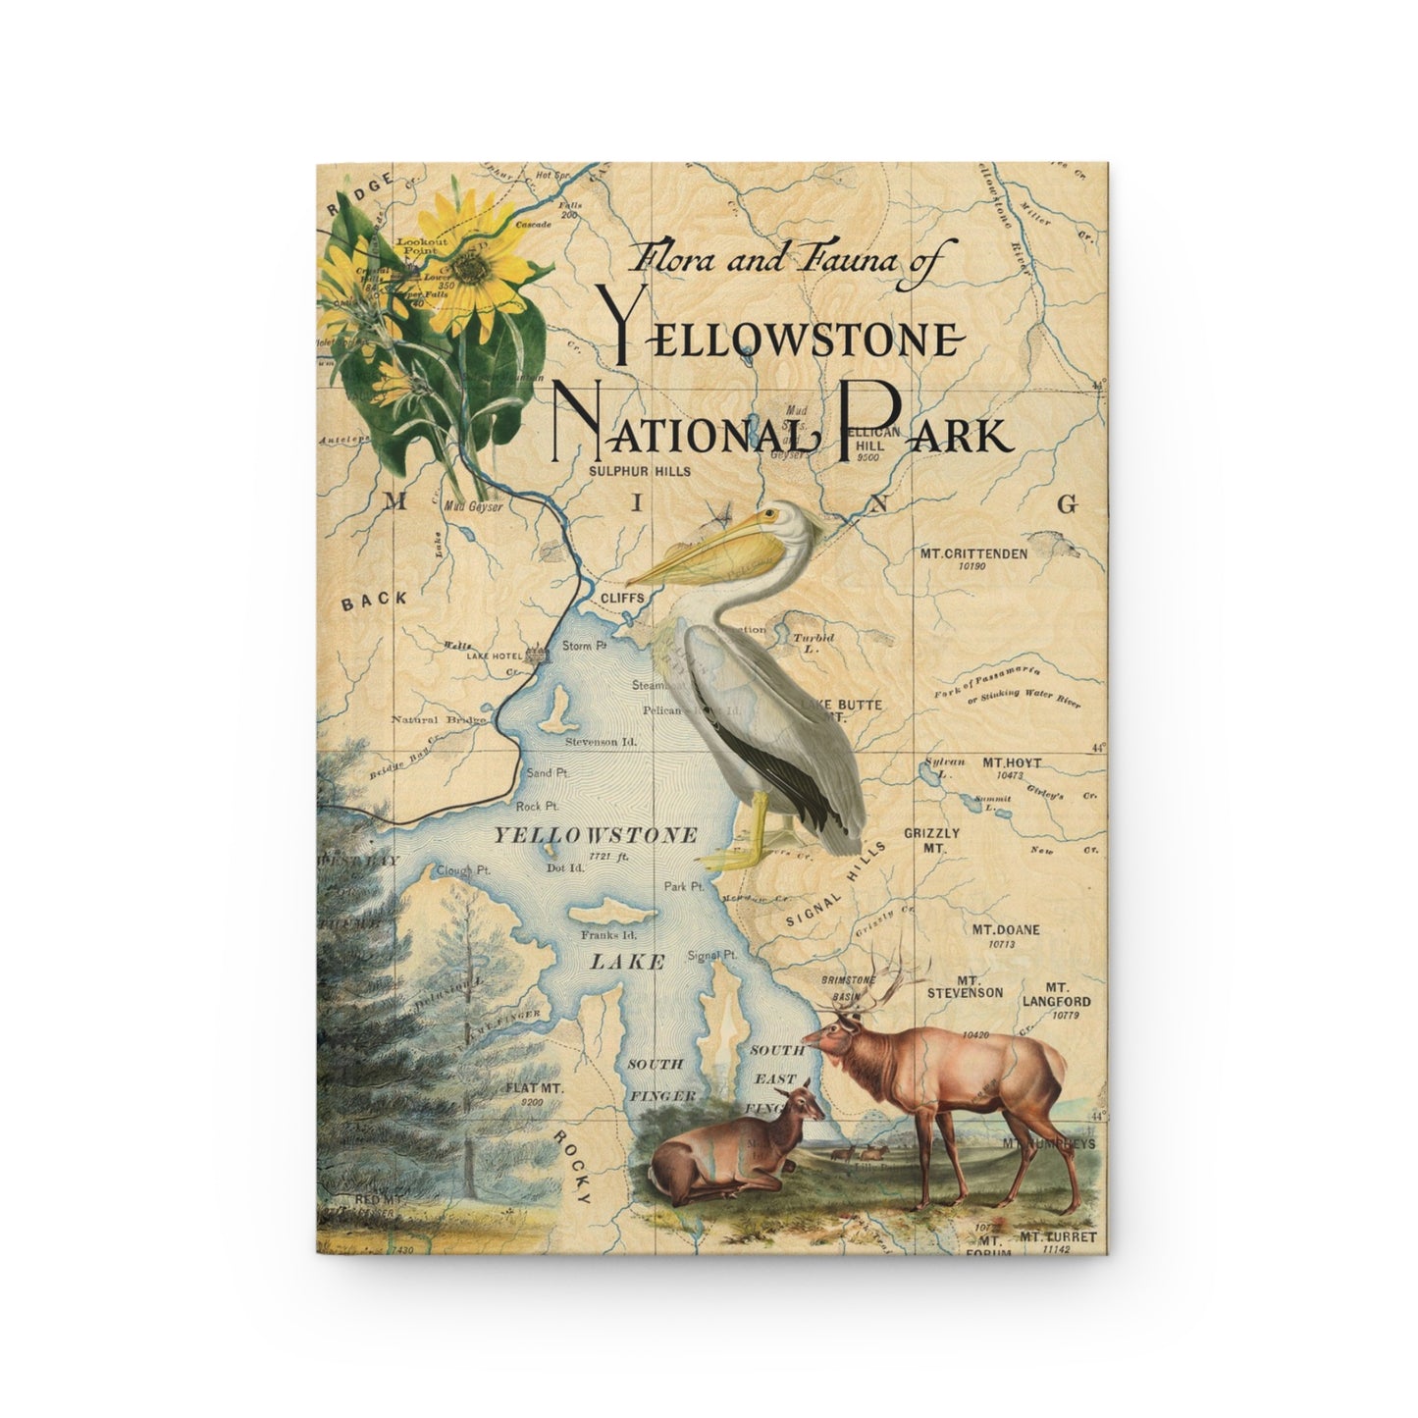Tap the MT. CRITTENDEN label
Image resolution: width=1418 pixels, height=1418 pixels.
pos(973,553)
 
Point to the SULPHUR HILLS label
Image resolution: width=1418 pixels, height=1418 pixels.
pos(639,471)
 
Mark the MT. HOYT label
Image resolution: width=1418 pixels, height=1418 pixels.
pos(990,762)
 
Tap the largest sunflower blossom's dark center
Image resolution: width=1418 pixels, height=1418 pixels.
pos(478,266)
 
